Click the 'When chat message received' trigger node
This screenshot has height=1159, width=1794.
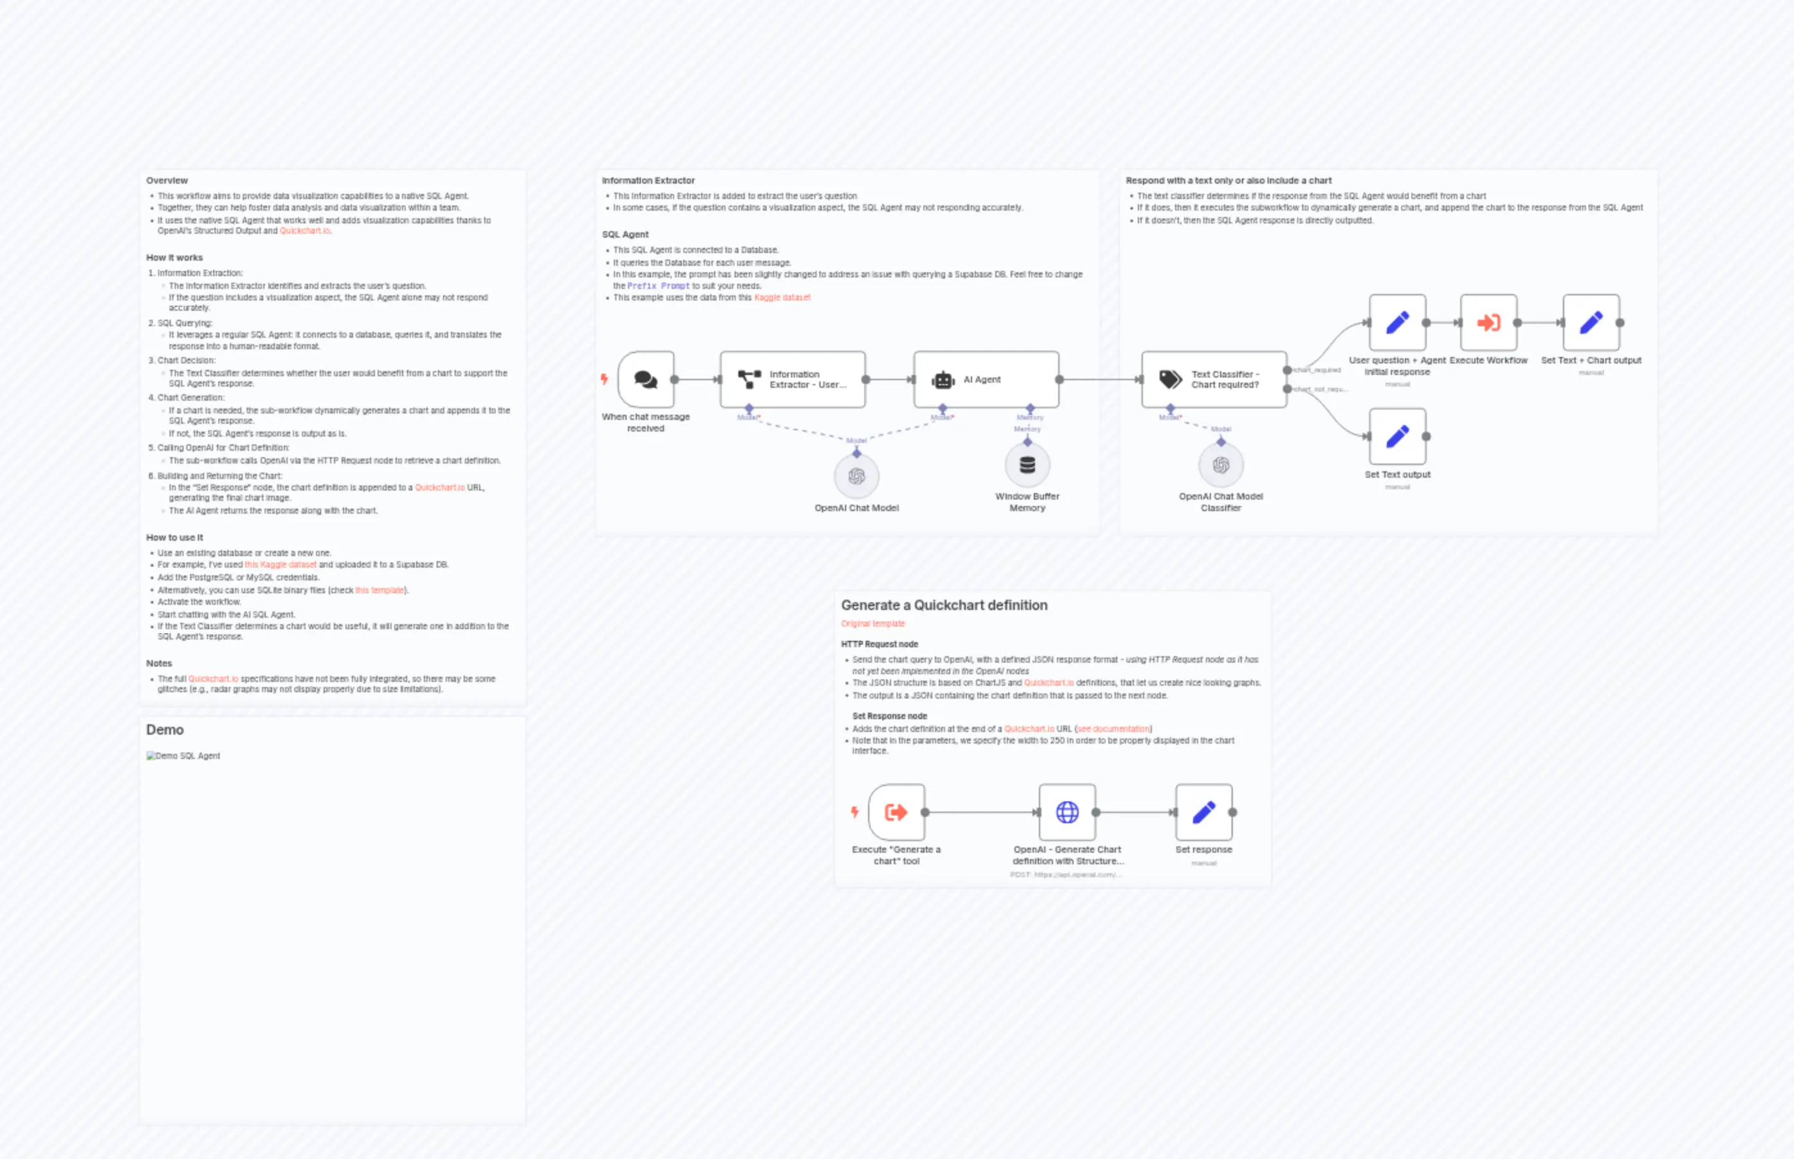tap(646, 379)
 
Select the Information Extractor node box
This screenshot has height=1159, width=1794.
tap(792, 379)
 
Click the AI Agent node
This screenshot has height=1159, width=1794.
tap(986, 379)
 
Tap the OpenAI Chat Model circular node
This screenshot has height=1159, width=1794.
tap(857, 476)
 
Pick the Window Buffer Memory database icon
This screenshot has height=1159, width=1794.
tap(1027, 465)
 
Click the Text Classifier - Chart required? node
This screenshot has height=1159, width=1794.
tap(1214, 379)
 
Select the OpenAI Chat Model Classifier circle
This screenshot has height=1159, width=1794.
tap(1221, 465)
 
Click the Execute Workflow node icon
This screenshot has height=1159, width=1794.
tap(1488, 323)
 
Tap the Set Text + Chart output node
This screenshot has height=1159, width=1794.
tap(1591, 323)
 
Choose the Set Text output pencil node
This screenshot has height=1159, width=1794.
tap(1397, 437)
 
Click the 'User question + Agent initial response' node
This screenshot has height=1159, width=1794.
tap(1397, 323)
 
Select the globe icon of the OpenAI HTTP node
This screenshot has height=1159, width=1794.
tap(1067, 812)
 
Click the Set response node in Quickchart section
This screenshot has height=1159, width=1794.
tap(1203, 812)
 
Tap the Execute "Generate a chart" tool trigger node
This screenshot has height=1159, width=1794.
tap(896, 812)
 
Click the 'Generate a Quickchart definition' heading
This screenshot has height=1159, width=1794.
tap(944, 605)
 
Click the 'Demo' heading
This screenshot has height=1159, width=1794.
tap(165, 729)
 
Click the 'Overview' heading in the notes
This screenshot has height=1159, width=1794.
tap(167, 180)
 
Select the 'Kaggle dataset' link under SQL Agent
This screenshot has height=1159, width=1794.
tap(782, 297)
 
